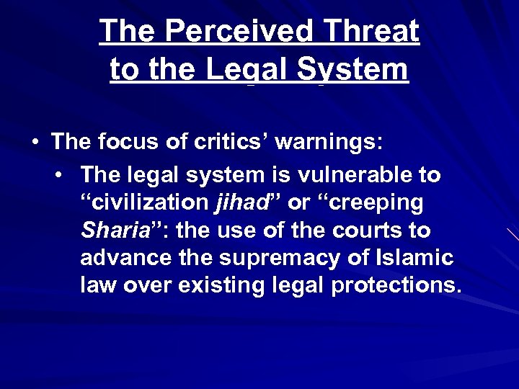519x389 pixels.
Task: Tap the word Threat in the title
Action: (x=373, y=31)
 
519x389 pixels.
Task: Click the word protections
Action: (x=395, y=285)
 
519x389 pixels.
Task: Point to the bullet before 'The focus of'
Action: (x=35, y=142)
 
